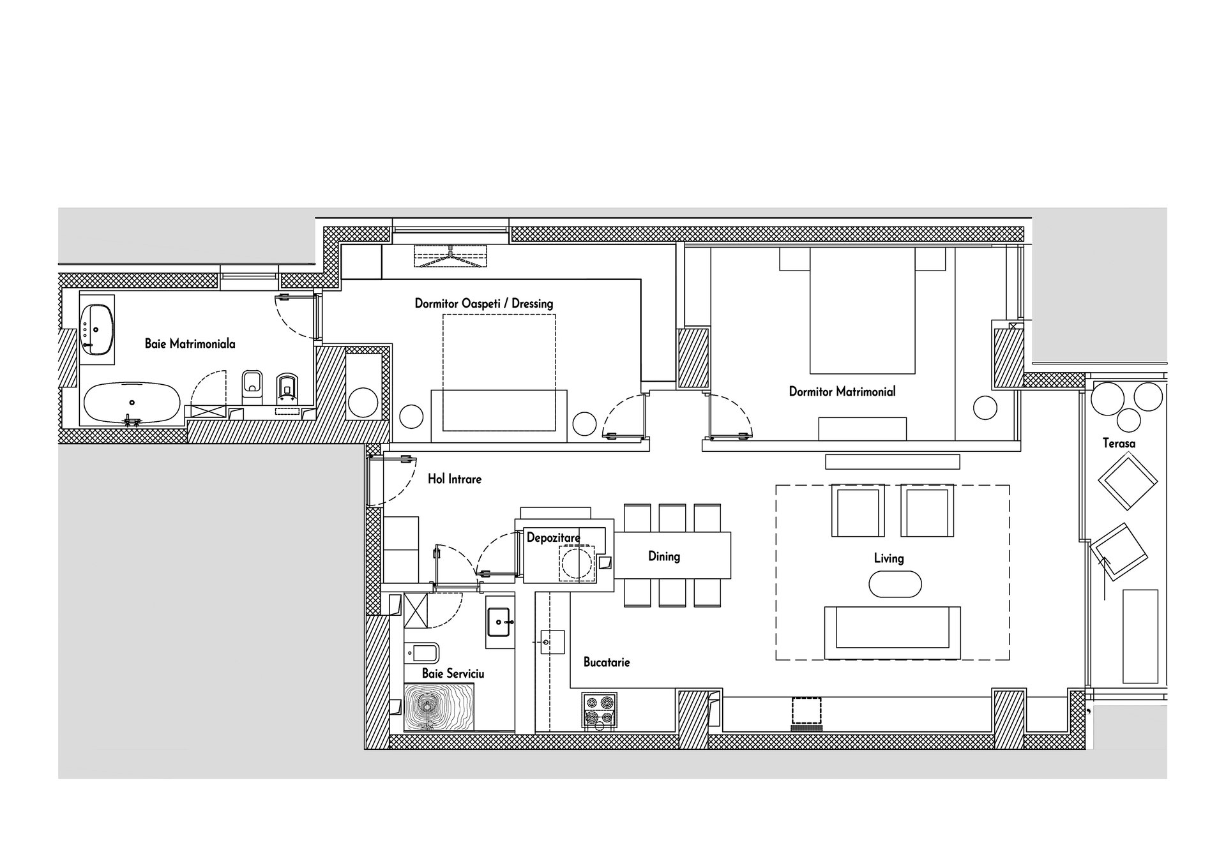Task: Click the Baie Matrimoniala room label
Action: pos(190,344)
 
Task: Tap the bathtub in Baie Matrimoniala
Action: pos(132,403)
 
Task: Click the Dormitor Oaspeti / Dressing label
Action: pos(484,304)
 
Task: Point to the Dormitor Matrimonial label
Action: pos(842,392)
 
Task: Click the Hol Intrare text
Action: pos(455,479)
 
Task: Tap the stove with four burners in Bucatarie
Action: pos(599,710)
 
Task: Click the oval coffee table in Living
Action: pos(895,584)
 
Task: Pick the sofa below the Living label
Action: pos(893,632)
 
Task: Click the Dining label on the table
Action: pos(664,556)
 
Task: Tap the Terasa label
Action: pos(1119,443)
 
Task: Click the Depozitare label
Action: pos(554,538)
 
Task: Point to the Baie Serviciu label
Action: pos(453,674)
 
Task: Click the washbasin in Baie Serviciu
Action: pos(500,622)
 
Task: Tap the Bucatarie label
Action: pos(607,662)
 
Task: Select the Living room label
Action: pos(889,558)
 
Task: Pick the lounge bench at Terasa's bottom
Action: pos(1140,636)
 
